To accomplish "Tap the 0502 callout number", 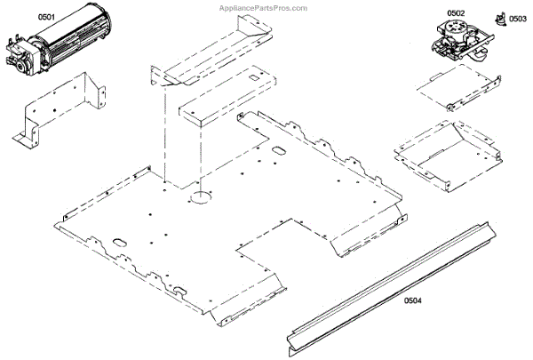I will click(x=456, y=12).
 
